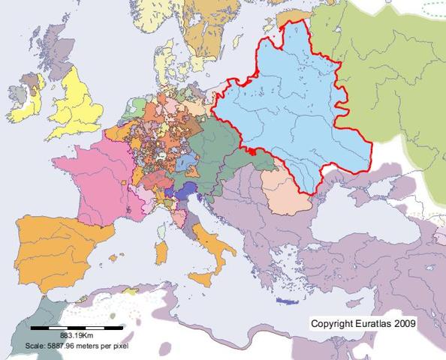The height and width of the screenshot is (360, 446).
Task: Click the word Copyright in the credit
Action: click(333, 323)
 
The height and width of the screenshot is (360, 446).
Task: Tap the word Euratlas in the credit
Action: click(377, 323)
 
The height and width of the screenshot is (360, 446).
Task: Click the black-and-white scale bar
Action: click(77, 328)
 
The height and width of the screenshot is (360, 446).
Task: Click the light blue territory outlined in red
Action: click(293, 112)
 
